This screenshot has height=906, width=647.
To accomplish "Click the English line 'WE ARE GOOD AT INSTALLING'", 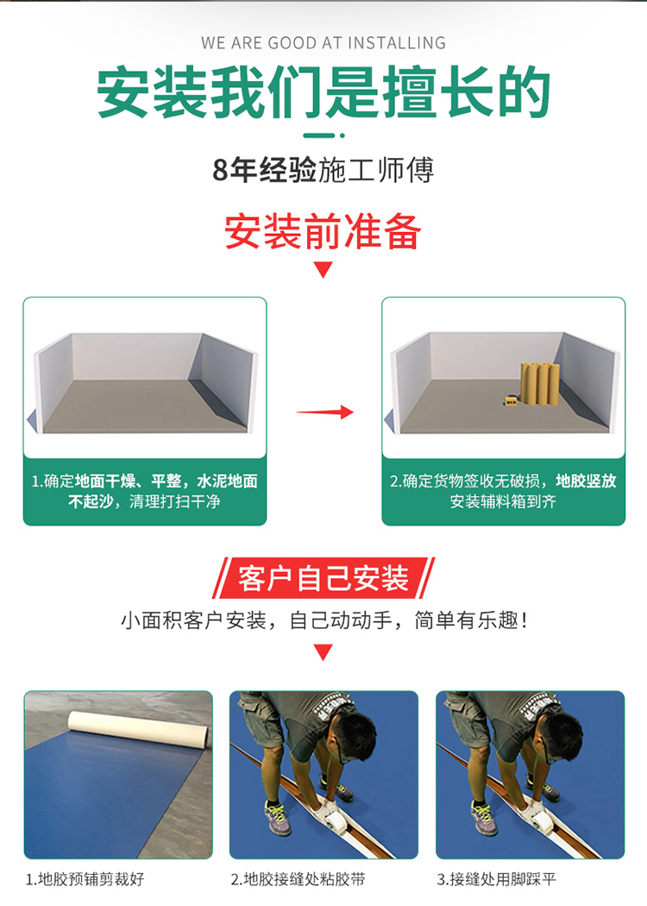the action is coord(323,43).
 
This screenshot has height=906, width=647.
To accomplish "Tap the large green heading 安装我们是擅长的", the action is coord(323,92).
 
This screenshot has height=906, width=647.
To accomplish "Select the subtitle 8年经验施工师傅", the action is coord(323,170).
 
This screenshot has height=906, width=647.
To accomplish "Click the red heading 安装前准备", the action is coord(323,232).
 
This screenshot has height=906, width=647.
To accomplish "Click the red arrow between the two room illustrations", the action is coord(324,412).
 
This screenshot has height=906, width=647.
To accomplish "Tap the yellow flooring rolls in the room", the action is coord(539,384).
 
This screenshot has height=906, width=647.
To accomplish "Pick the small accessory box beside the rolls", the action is coord(510,400).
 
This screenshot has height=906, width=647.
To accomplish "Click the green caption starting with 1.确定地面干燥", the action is coord(144,491).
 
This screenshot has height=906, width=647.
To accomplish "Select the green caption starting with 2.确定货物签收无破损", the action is coord(503,491).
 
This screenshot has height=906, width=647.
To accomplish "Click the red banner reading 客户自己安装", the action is coord(323,578).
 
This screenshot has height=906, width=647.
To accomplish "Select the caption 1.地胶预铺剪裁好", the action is coord(85,879).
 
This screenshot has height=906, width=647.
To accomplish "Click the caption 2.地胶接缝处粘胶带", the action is coord(298,879).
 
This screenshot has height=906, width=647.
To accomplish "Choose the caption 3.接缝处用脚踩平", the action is coord(496,879).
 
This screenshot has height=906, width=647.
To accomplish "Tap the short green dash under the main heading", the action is coord(319,135).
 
